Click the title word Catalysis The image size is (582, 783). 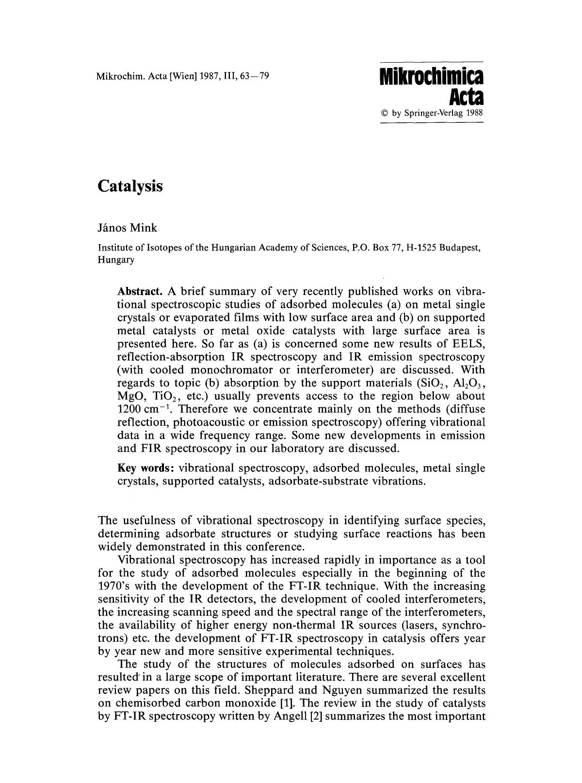click(130, 186)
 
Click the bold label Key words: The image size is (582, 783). click(146, 468)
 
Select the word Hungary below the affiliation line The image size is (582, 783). click(116, 260)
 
